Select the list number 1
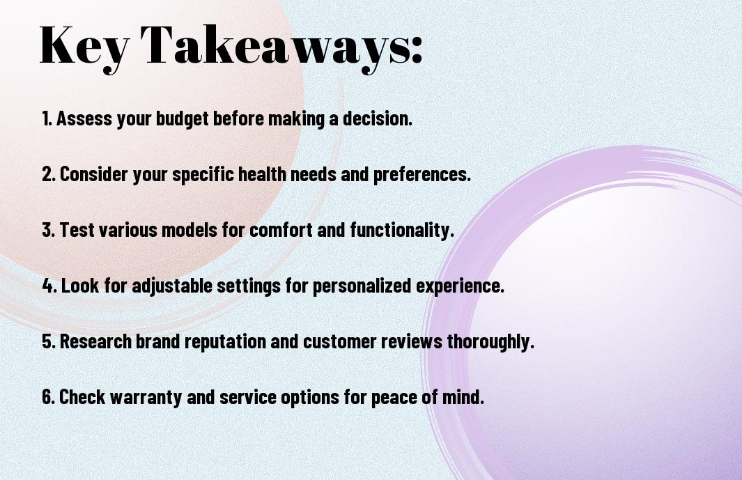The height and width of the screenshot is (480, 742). click(47, 118)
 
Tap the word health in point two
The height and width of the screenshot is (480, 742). click(262, 173)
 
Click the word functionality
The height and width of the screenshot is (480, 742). click(402, 231)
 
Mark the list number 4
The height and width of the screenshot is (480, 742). click(49, 286)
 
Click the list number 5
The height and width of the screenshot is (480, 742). click(49, 341)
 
